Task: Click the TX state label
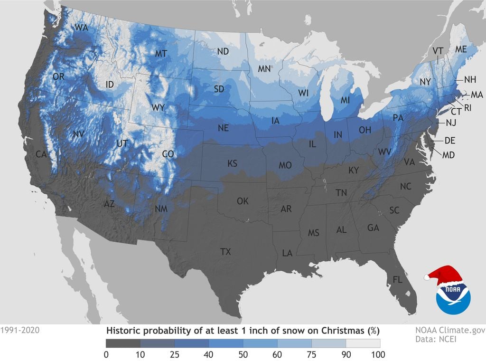pyautogui.click(x=225, y=252)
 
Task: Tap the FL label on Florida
pyautogui.click(x=397, y=280)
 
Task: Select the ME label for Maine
pyautogui.click(x=460, y=49)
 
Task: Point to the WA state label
pyautogui.click(x=81, y=28)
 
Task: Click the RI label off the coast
pyautogui.click(x=467, y=108)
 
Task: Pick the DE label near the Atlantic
pyautogui.click(x=450, y=141)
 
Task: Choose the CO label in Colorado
pyautogui.click(x=168, y=154)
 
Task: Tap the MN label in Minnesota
pyautogui.click(x=264, y=69)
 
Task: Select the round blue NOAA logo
pyautogui.click(x=453, y=297)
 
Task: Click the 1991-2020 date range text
pyautogui.click(x=20, y=329)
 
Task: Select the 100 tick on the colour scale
pyautogui.click(x=379, y=354)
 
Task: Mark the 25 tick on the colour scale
pyautogui.click(x=175, y=354)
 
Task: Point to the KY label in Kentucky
pyautogui.click(x=354, y=171)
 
